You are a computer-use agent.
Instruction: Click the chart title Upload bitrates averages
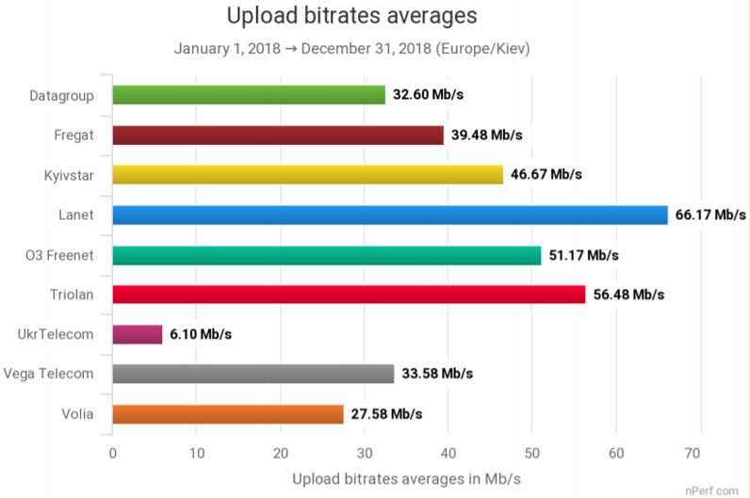(x=351, y=16)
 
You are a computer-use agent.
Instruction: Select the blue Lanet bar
(x=389, y=215)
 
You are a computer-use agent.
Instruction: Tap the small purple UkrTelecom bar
(x=138, y=334)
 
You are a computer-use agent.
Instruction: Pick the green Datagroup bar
(x=249, y=95)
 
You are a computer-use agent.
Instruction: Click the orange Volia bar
(x=228, y=413)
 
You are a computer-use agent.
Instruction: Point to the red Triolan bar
(x=349, y=294)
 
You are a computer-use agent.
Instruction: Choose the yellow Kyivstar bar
(x=307, y=175)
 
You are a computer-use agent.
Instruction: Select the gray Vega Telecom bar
(x=253, y=374)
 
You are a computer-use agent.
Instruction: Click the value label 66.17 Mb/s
(x=710, y=215)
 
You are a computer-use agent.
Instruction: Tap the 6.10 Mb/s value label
(x=201, y=334)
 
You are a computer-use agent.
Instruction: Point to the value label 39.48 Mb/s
(x=486, y=136)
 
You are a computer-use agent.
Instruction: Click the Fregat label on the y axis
(x=73, y=135)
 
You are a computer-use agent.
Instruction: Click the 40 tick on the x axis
(x=448, y=452)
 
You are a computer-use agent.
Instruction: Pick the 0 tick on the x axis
(x=113, y=452)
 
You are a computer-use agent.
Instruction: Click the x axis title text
(x=406, y=478)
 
